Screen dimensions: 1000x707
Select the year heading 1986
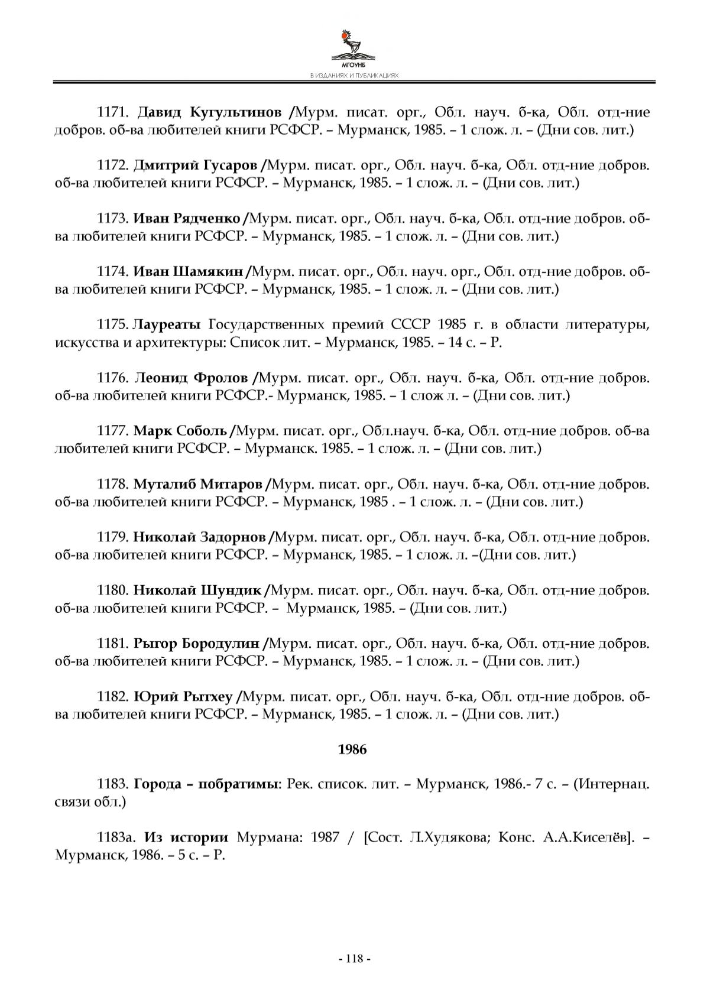point(352,749)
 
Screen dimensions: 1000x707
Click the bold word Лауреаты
point(167,324)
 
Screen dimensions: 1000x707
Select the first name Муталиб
point(164,484)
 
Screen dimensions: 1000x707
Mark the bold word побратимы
point(238,785)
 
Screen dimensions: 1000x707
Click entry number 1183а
point(116,837)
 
